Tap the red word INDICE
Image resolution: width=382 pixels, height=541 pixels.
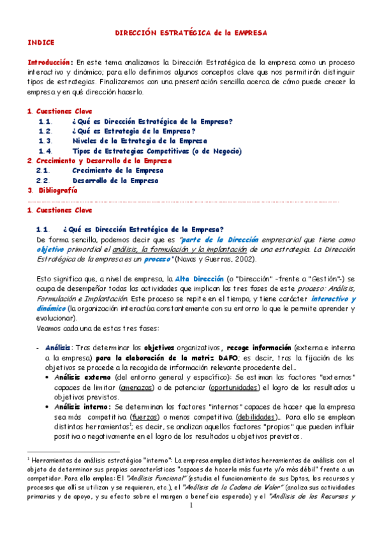[41, 41]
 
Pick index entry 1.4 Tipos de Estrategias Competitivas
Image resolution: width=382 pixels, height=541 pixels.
[157, 151]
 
